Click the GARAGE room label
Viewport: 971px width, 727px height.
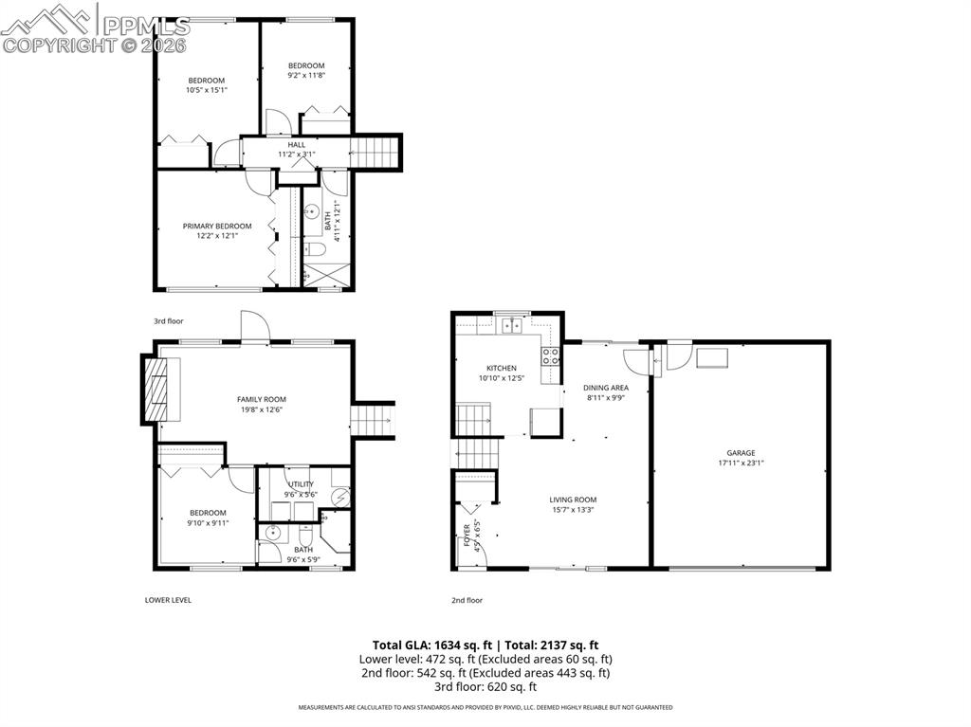coord(741,453)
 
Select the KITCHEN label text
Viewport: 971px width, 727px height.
coord(502,368)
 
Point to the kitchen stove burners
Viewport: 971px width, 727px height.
coord(550,357)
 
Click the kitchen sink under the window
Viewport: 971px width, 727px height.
coord(512,326)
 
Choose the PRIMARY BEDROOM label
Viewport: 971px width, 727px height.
coord(217,226)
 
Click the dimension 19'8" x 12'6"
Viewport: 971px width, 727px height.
coord(261,409)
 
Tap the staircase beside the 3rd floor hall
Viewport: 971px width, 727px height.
coord(376,151)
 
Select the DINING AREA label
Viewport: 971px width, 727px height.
coord(606,388)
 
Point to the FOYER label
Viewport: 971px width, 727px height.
coord(467,536)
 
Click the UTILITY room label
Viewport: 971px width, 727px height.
coord(302,484)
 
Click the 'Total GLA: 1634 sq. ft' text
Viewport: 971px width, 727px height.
coord(431,645)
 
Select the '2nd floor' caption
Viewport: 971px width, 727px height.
coord(467,600)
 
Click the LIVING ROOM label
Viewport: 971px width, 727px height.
coord(573,500)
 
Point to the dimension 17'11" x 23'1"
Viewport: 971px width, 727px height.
coord(741,463)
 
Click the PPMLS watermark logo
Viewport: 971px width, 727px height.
coord(95,28)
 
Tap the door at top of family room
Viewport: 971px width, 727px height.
coord(255,325)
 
